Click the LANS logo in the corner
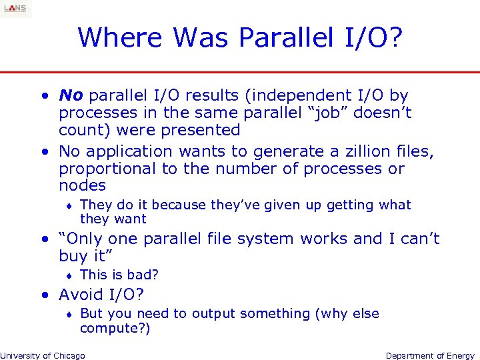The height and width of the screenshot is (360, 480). tap(15, 9)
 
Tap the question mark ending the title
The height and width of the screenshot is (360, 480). tap(395, 37)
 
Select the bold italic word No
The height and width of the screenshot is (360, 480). tap(71, 96)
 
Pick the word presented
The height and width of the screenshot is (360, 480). tap(205, 130)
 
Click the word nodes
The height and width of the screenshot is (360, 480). tap(83, 186)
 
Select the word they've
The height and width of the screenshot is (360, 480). tap(238, 205)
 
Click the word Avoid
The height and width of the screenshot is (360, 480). tap(82, 295)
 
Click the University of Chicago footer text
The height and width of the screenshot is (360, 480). tap(43, 355)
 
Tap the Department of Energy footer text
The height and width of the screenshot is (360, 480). tap(430, 355)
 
